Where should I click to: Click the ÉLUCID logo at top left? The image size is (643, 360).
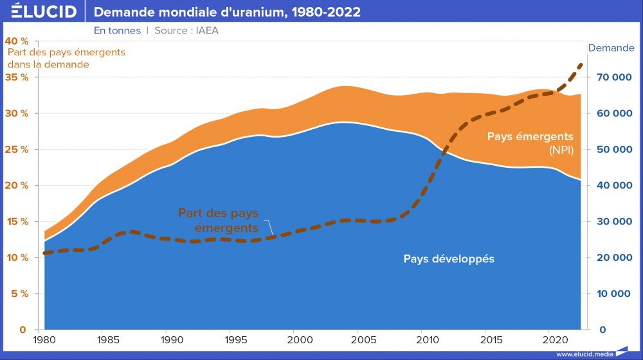point(44,12)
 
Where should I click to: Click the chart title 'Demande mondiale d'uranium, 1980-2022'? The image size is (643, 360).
point(227,12)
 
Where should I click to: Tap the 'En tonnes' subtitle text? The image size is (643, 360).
point(117,30)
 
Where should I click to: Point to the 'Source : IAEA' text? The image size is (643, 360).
point(186,30)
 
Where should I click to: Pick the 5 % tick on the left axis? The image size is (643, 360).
point(19,294)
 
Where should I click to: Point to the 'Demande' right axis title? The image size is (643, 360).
point(611,48)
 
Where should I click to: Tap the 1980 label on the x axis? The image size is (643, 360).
point(43,339)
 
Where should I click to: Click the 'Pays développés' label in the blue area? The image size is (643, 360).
point(449,258)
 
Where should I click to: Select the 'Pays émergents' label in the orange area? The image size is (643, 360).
point(530,136)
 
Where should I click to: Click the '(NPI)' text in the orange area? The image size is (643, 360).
point(560,150)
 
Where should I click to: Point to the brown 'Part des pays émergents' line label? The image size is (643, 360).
point(219,220)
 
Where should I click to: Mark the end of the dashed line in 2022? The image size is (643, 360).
point(581,64)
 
